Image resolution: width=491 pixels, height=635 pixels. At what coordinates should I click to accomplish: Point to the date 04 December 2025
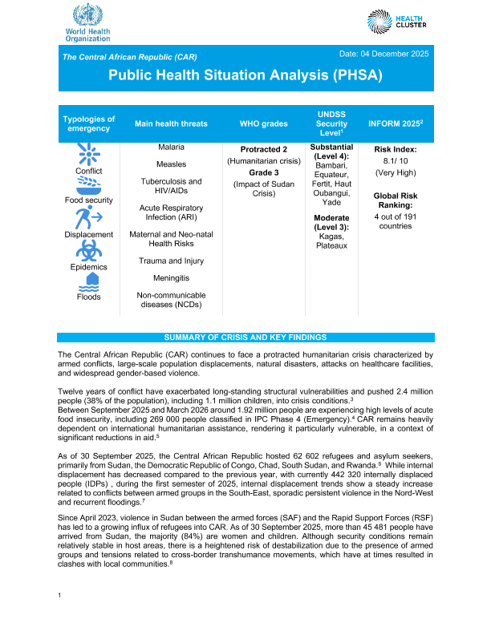(384, 53)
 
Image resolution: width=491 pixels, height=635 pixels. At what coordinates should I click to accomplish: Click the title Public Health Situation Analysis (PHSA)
(245, 75)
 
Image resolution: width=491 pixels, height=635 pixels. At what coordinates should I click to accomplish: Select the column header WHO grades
(263, 123)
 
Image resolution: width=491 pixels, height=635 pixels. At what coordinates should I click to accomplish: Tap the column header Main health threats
(171, 123)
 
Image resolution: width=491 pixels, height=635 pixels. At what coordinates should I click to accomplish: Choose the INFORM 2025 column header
(395, 123)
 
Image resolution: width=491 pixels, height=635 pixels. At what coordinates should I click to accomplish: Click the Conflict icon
(88, 154)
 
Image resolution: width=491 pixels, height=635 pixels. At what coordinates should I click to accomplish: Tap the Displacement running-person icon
(88, 218)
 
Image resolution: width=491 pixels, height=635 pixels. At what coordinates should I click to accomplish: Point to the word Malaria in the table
(171, 148)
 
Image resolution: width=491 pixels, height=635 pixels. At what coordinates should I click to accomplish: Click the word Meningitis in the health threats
(171, 277)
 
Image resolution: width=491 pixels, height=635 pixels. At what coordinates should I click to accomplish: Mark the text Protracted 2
(263, 150)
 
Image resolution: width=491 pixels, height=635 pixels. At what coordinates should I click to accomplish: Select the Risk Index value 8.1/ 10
(395, 161)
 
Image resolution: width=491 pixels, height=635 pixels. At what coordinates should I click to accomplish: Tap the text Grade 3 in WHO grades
(263, 172)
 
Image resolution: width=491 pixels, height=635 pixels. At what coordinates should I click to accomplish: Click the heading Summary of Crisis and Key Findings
(245, 337)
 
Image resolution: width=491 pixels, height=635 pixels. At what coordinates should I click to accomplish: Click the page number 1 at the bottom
(61, 617)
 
